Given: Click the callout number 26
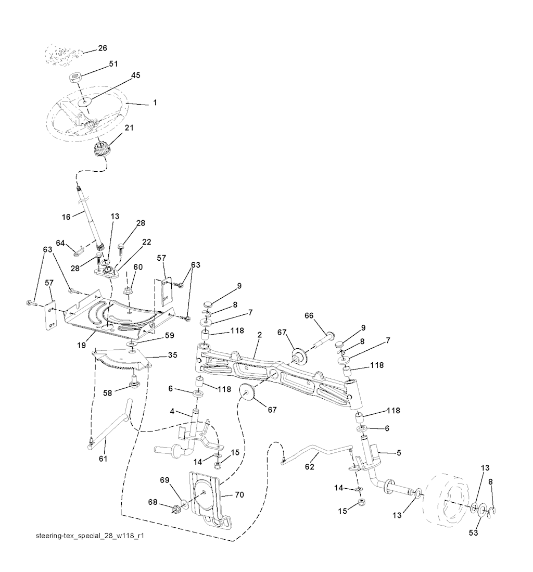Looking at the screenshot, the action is pos(103,48).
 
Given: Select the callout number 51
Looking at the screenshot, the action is pos(113,63).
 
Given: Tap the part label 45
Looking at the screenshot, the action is pos(135,75).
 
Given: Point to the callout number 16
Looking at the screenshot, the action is pos(66,217).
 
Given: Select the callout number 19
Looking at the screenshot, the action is pos(82,345).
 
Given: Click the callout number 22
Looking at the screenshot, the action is pos(147,242).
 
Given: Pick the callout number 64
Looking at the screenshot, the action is pos(60,243).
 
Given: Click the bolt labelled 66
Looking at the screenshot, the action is pos(325,339).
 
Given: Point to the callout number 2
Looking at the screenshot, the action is pos(259,335).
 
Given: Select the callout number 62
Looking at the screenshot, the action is pos(309,466).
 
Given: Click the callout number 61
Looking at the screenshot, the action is pos(103,458).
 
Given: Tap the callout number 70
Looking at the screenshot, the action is pos(239,494).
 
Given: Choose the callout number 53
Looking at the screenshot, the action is pos(473,532).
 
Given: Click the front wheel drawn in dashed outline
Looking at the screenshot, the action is pos(446,500).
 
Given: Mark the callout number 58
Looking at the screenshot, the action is pos(107,393).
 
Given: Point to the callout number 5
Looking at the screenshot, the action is pos(399,453).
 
